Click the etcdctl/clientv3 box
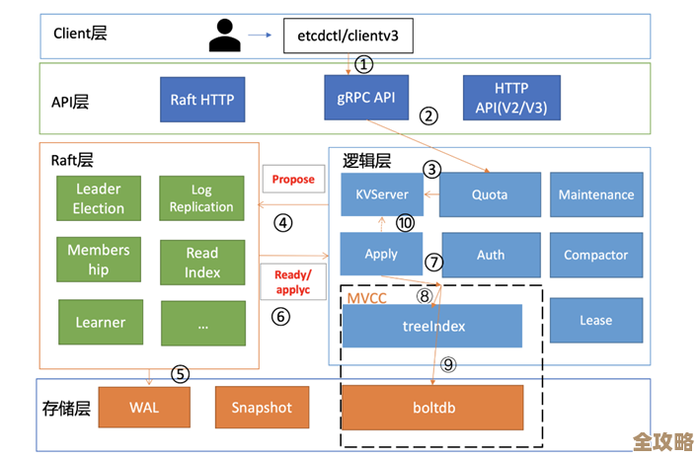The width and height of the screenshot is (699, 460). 348,37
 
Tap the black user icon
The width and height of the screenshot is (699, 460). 224,37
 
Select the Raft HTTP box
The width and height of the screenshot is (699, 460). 201,99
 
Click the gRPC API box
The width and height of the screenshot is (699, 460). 366,98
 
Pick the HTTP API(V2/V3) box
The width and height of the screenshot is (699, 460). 510,98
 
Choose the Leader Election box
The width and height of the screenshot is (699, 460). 98,198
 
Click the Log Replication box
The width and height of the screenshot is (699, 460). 201,198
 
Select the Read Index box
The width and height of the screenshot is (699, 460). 201,262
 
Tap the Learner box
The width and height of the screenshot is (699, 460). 100,322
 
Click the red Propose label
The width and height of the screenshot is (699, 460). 293,179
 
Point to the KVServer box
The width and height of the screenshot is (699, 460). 381,194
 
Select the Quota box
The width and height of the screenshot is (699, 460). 491,194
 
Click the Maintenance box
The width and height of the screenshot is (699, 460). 595,194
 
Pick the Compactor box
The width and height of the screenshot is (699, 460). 595,255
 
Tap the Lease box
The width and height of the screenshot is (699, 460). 595,320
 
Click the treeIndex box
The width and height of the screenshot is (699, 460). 432,326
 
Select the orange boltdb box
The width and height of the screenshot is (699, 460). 432,407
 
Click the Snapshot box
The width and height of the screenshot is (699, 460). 261,407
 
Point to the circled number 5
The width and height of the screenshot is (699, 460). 180,374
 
